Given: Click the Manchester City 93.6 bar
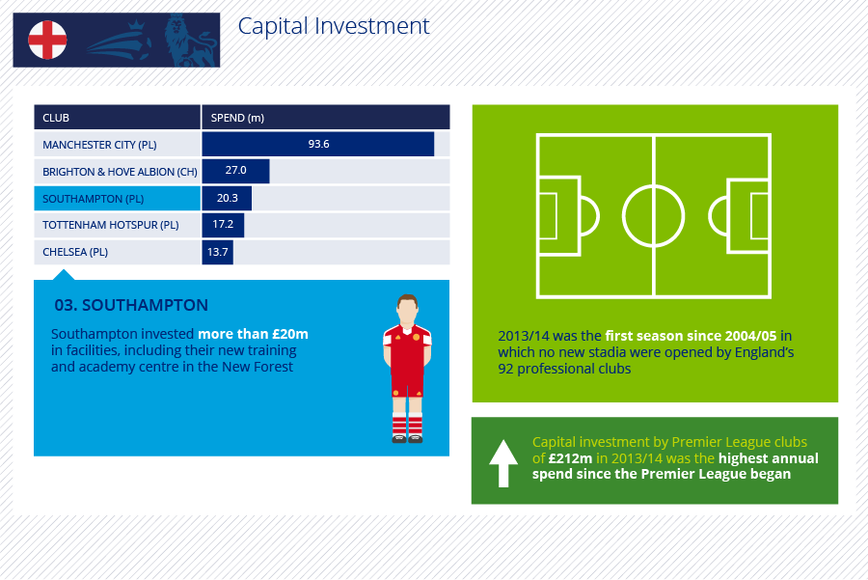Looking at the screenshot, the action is pyautogui.click(x=317, y=144).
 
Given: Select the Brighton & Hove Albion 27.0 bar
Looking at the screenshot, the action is pyautogui.click(x=236, y=171).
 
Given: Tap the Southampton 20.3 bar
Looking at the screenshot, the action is pyautogui.click(x=227, y=198).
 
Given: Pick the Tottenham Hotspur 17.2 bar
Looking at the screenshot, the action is pyautogui.click(x=223, y=225).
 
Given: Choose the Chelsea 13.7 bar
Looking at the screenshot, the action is pyautogui.click(x=218, y=252).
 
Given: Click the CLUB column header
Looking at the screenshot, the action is pyautogui.click(x=56, y=118).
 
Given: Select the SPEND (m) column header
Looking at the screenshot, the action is pyautogui.click(x=237, y=118).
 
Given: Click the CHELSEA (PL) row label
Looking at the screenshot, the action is pyautogui.click(x=75, y=252).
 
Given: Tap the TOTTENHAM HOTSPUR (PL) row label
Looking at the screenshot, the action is pyautogui.click(x=111, y=225).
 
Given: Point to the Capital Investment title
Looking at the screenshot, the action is pyautogui.click(x=334, y=26).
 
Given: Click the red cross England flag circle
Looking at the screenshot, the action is pyautogui.click(x=47, y=40).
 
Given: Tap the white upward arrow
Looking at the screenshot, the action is pyautogui.click(x=503, y=463).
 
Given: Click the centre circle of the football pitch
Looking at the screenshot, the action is pyautogui.click(x=654, y=185).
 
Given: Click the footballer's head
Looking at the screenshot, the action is pyautogui.click(x=407, y=309).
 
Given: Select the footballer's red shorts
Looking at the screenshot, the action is pyautogui.click(x=407, y=381).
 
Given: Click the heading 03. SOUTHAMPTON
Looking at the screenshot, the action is pyautogui.click(x=131, y=305).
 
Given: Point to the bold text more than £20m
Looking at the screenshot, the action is pyautogui.click(x=253, y=334).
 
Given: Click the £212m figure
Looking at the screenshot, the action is pyautogui.click(x=570, y=458).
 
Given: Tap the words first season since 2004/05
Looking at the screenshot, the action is pyautogui.click(x=691, y=336).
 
